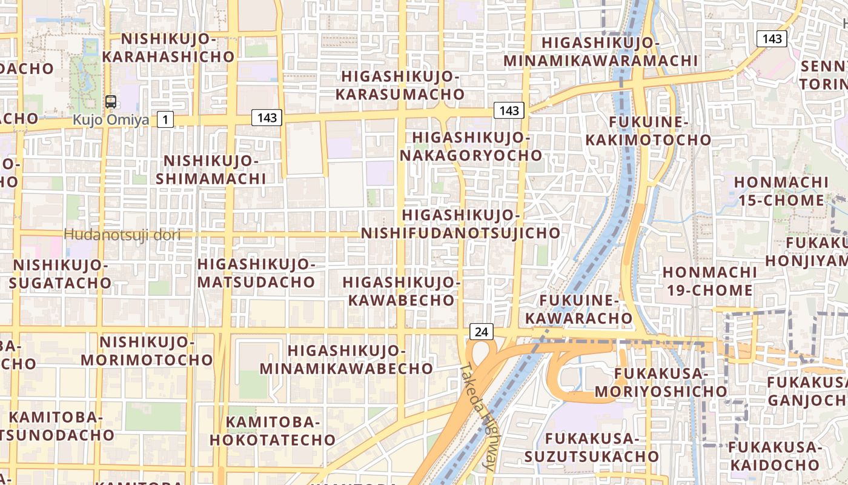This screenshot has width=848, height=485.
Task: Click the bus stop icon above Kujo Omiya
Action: click(x=111, y=102)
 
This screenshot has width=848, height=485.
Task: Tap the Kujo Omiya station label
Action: click(x=111, y=119)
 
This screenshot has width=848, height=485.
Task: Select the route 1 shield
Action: click(x=165, y=119)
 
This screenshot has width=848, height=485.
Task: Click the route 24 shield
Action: click(x=481, y=332)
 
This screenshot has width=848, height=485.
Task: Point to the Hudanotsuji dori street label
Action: click(x=122, y=235)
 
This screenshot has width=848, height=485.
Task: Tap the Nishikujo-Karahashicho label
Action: click(x=168, y=48)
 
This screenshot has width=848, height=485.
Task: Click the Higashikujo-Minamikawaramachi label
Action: click(x=600, y=52)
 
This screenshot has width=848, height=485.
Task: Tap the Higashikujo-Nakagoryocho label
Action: click(x=471, y=146)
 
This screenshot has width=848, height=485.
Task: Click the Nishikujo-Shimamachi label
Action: click(x=211, y=170)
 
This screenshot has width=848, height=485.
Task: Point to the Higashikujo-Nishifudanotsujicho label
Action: click(x=461, y=224)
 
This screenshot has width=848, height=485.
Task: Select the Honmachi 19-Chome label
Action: click(x=709, y=281)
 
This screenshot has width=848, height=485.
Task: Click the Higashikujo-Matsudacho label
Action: click(x=256, y=273)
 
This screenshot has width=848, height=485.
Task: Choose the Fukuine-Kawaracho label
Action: click(x=578, y=309)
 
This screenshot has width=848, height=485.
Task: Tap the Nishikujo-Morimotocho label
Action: click(x=147, y=351)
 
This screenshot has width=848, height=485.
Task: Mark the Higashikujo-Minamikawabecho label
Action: click(x=346, y=360)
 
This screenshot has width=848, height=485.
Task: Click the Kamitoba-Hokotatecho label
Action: click(x=273, y=431)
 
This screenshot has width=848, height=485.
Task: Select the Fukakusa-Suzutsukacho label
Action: click(x=591, y=447)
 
